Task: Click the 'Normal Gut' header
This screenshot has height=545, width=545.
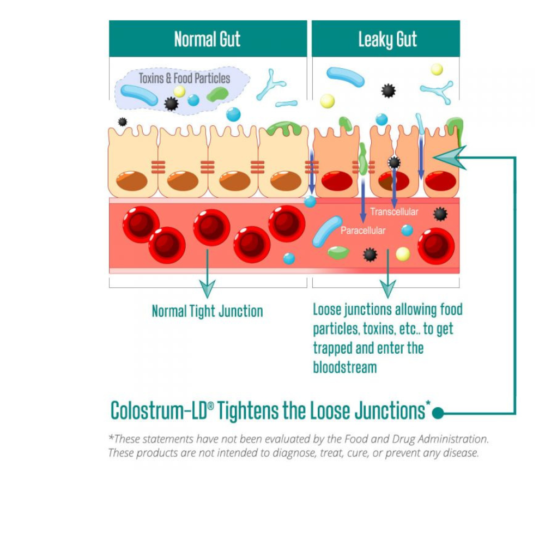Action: pyautogui.click(x=207, y=39)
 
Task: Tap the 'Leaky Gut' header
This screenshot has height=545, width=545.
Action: pyautogui.click(x=387, y=39)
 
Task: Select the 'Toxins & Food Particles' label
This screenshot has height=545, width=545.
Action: pyautogui.click(x=184, y=78)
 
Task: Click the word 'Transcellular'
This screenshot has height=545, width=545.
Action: pyautogui.click(x=394, y=212)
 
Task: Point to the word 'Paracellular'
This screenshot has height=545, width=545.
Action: pyautogui.click(x=363, y=231)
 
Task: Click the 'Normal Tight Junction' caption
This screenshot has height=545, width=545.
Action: pyautogui.click(x=207, y=311)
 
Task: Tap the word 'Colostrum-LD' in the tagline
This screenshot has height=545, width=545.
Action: pyautogui.click(x=158, y=410)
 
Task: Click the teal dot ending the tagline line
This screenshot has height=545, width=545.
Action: pyautogui.click(x=437, y=414)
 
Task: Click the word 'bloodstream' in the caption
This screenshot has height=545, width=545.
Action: pyautogui.click(x=344, y=367)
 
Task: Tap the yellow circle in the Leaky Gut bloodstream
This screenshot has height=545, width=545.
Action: pyautogui.click(x=403, y=254)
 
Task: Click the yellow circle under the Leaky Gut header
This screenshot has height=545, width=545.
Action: pyautogui.click(x=327, y=101)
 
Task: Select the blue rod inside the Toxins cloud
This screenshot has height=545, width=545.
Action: pyautogui.click(x=139, y=95)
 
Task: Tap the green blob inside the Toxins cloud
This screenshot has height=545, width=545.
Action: pyautogui.click(x=218, y=94)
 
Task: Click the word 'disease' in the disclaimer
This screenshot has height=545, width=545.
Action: pyautogui.click(x=462, y=453)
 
